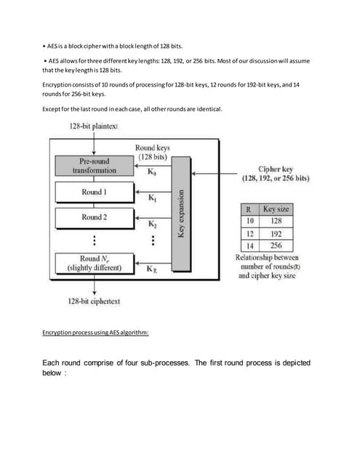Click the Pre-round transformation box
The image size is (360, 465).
pos(92,166)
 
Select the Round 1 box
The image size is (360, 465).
pos(92,192)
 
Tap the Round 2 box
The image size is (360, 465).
pos(92,217)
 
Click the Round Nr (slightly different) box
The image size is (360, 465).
pos(92,263)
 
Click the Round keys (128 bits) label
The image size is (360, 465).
pos(153,153)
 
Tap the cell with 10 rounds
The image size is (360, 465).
pos(248,222)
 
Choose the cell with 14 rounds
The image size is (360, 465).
pos(248,246)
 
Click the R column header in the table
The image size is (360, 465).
pos(248,209)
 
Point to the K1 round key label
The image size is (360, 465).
pos(151,198)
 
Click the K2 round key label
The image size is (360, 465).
pos(151,225)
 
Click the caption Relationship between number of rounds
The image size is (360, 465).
pos(268,262)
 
